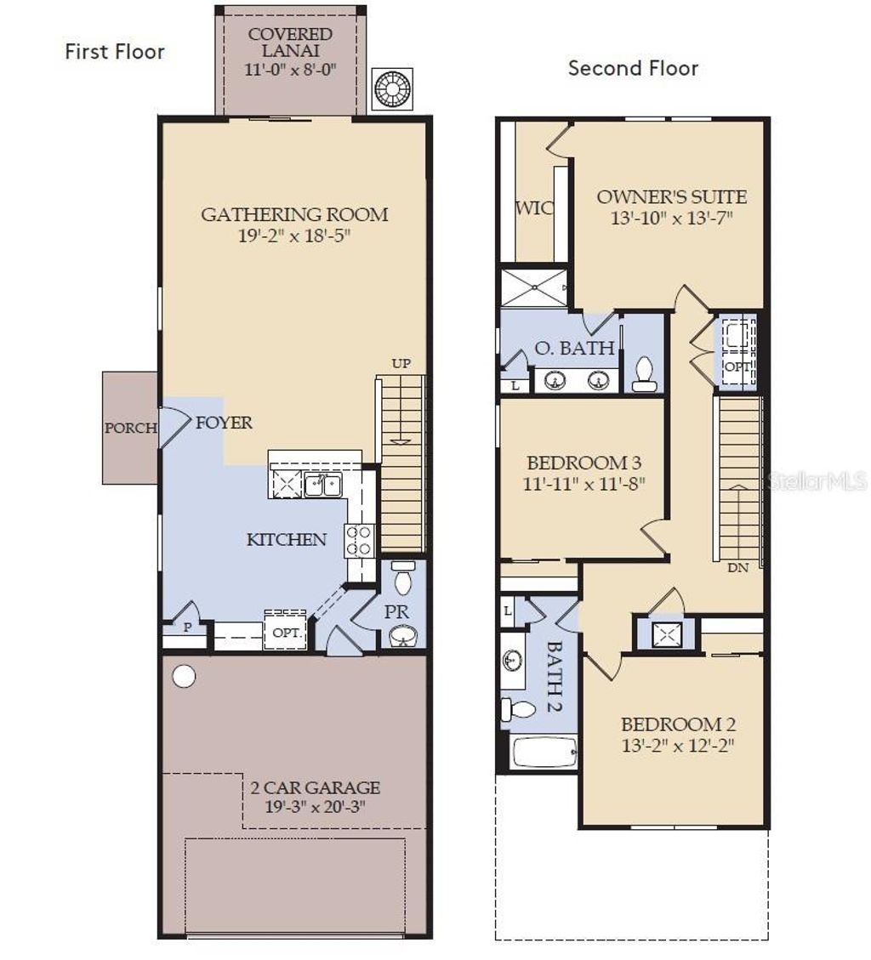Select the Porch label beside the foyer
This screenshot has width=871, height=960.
tap(130, 429)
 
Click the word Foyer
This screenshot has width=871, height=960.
tap(224, 423)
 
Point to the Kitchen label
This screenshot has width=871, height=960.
tap(287, 539)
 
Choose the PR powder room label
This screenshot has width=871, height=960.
tap(396, 611)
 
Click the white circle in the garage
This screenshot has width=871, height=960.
tap(184, 676)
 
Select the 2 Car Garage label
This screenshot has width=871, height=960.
tap(315, 787)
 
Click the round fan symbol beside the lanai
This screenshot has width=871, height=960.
tap(393, 88)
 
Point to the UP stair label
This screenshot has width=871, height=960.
tap(401, 364)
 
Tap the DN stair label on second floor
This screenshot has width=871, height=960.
tap(737, 568)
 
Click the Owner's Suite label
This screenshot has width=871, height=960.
tap(671, 197)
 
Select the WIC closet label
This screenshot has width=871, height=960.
tap(534, 208)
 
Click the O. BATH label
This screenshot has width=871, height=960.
tap(574, 348)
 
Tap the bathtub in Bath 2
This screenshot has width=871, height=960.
tap(544, 752)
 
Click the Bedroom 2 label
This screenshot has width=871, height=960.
tap(678, 724)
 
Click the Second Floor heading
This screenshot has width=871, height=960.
tap(633, 68)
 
